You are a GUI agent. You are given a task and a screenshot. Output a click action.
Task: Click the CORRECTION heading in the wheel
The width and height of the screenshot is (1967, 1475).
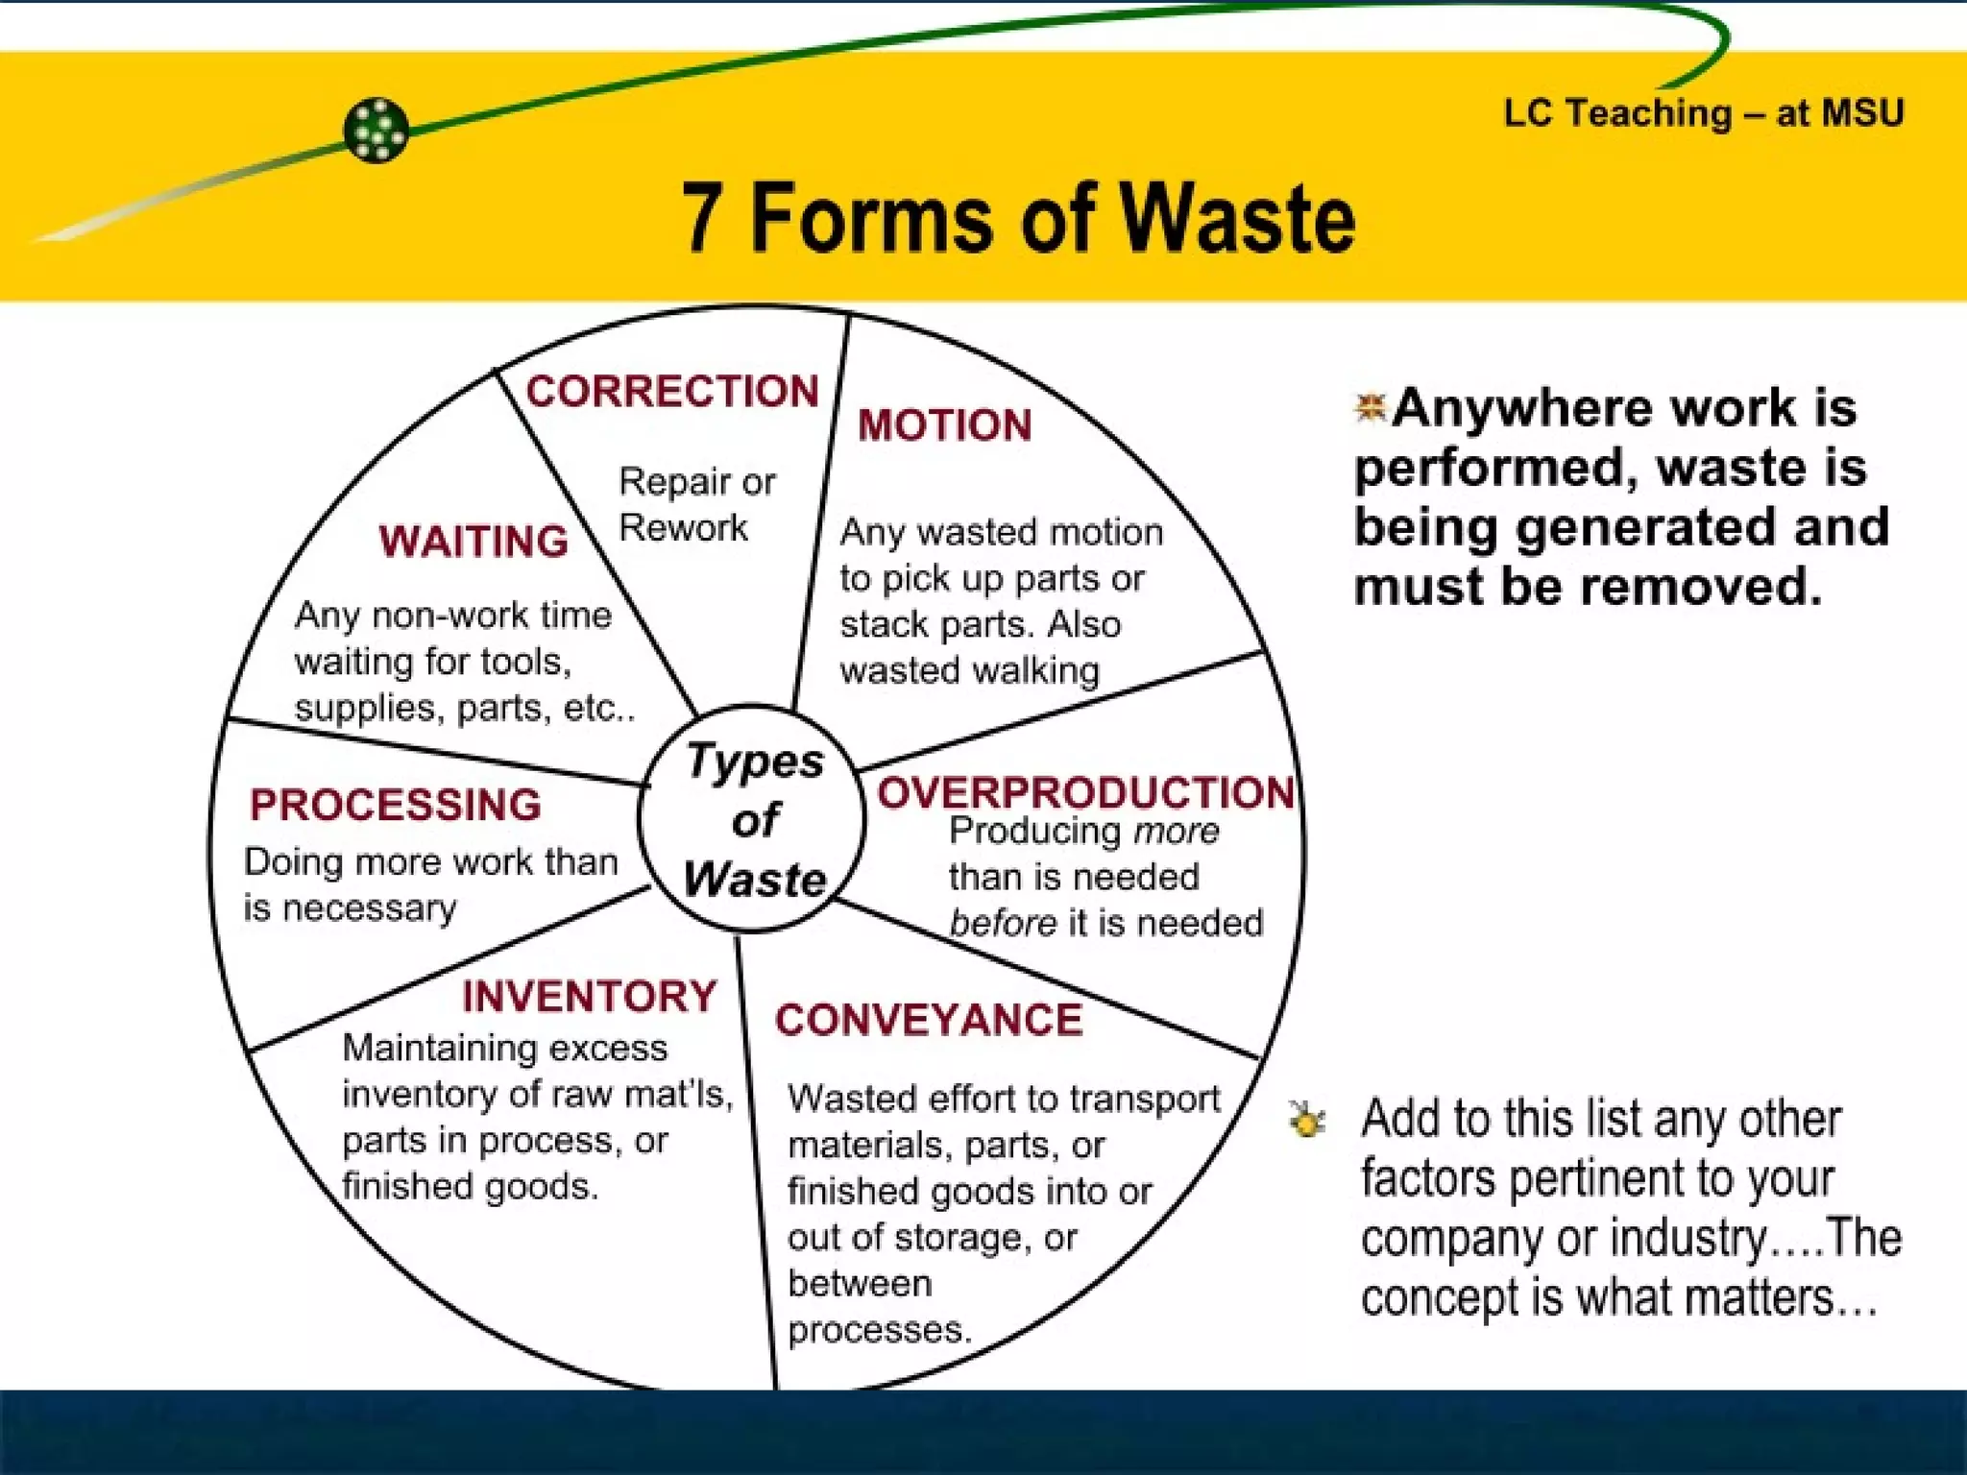coord(672,392)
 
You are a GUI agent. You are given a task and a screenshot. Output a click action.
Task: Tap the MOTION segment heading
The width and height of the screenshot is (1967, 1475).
coord(945,425)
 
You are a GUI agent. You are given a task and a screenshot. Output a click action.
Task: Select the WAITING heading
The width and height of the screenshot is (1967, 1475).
coord(474,542)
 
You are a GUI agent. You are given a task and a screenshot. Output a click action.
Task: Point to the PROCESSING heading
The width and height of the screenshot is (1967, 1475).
coord(396,805)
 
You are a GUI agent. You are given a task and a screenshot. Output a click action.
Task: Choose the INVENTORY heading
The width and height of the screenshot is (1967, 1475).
coord(590,997)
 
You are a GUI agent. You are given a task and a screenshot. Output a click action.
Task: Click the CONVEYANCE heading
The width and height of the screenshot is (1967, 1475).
coord(929,1020)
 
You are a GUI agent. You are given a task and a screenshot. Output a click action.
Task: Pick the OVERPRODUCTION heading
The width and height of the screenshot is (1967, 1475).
coord(1085,793)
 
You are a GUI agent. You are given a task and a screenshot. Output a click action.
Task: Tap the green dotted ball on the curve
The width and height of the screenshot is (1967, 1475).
coord(376,131)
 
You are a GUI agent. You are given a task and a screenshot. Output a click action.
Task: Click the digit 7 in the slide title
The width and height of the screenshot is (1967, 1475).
coord(701,219)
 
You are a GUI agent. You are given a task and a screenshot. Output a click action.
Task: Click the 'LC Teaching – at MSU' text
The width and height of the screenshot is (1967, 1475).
coord(1703,113)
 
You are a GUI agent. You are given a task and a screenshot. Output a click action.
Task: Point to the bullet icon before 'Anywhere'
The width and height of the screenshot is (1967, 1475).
coord(1370,407)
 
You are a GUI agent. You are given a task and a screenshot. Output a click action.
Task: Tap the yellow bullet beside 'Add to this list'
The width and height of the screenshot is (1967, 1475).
coord(1307,1119)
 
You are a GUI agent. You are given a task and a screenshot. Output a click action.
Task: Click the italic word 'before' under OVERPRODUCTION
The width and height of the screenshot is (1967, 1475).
coord(1003,924)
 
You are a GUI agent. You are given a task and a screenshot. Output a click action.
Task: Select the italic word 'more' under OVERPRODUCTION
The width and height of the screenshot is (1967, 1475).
coord(1177,832)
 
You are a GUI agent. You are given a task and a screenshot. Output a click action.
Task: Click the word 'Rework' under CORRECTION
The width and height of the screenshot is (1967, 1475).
coord(683,528)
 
